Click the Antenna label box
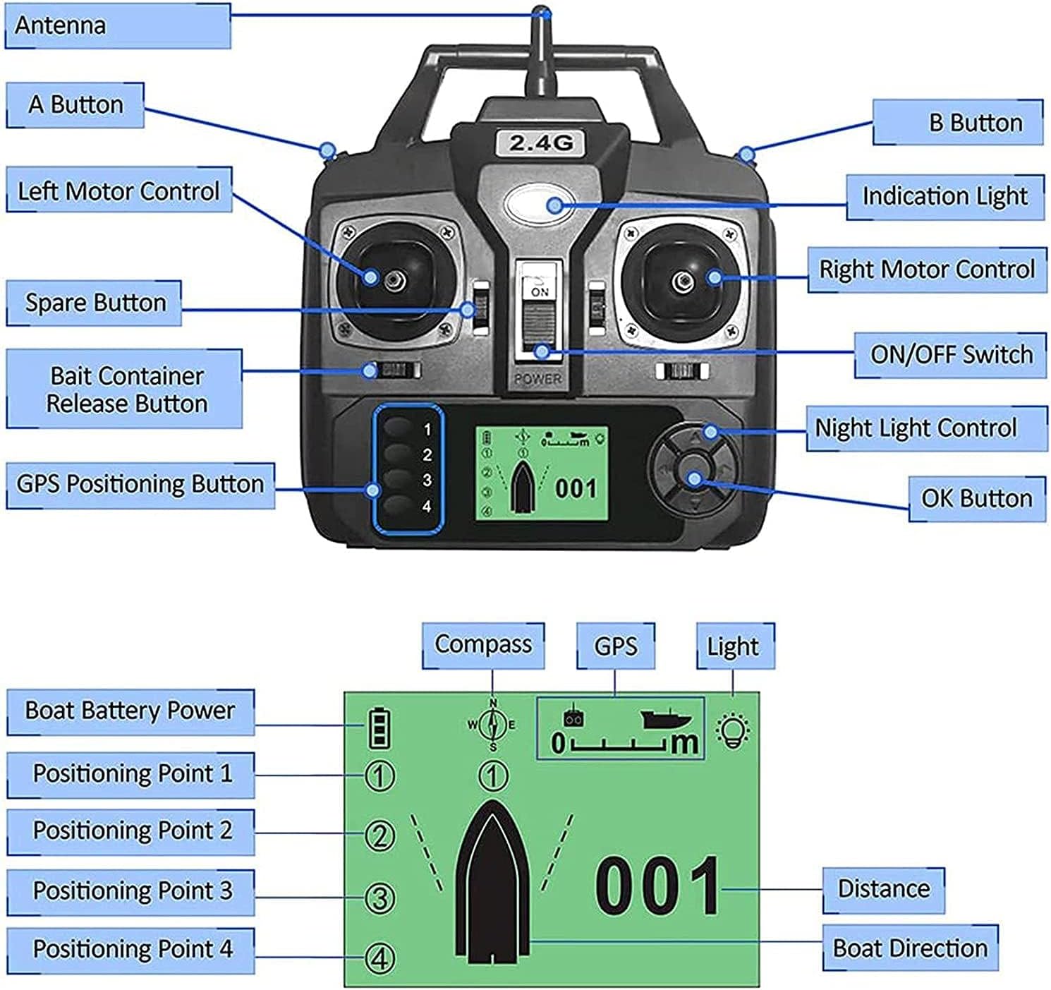click(117, 26)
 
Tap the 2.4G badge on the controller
click(541, 143)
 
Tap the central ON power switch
click(540, 314)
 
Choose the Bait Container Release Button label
click(125, 390)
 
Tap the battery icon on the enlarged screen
click(379, 728)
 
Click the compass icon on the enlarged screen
click(493, 724)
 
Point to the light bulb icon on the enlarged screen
click(733, 731)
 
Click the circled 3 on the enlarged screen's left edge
click(379, 898)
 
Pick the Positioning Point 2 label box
click(131, 831)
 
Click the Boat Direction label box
click(910, 948)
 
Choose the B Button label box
click(958, 123)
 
